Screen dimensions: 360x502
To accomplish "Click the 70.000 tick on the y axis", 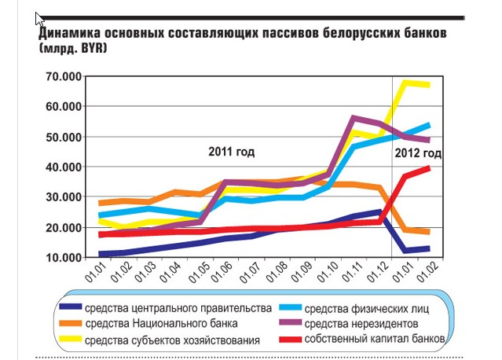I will (x=60, y=76).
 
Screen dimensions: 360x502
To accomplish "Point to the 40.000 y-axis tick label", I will (x=60, y=167).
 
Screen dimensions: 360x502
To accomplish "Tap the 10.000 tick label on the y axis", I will (x=60, y=258).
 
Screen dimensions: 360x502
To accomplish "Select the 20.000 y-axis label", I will (x=60, y=227).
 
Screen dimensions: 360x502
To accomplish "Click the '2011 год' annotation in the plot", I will (x=231, y=152).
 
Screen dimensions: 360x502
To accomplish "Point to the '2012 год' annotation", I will (x=417, y=153).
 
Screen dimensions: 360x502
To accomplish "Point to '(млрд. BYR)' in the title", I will (x=72, y=49).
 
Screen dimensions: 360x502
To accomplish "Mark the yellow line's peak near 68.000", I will (x=408, y=82).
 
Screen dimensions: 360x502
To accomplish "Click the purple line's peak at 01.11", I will (x=356, y=118).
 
